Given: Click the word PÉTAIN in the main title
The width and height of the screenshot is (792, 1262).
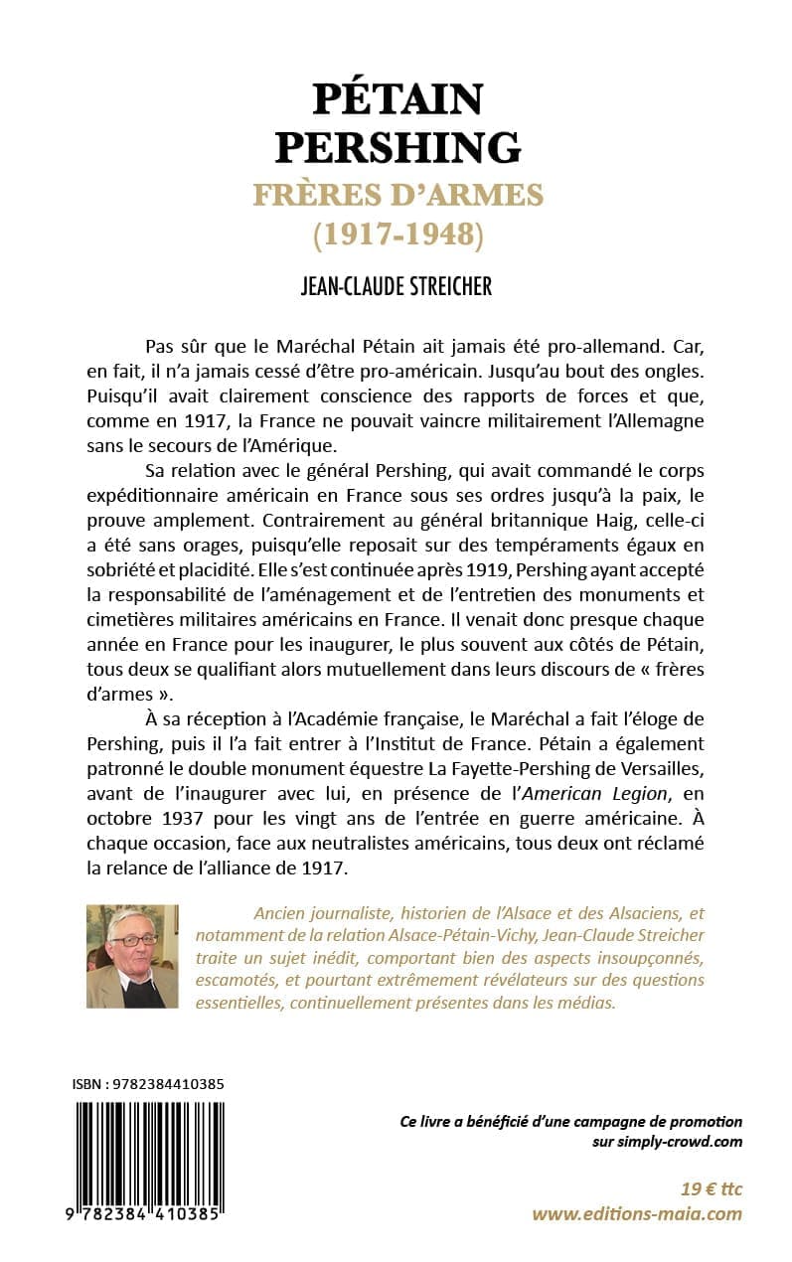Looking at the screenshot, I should click(x=397, y=98).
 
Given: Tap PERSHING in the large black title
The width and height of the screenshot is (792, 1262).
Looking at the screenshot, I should click(x=397, y=146).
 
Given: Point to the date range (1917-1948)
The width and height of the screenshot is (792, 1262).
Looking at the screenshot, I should click(x=397, y=236).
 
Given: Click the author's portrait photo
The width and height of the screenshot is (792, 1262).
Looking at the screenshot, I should click(x=132, y=955).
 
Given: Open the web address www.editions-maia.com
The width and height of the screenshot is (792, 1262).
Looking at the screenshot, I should click(x=636, y=1213).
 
